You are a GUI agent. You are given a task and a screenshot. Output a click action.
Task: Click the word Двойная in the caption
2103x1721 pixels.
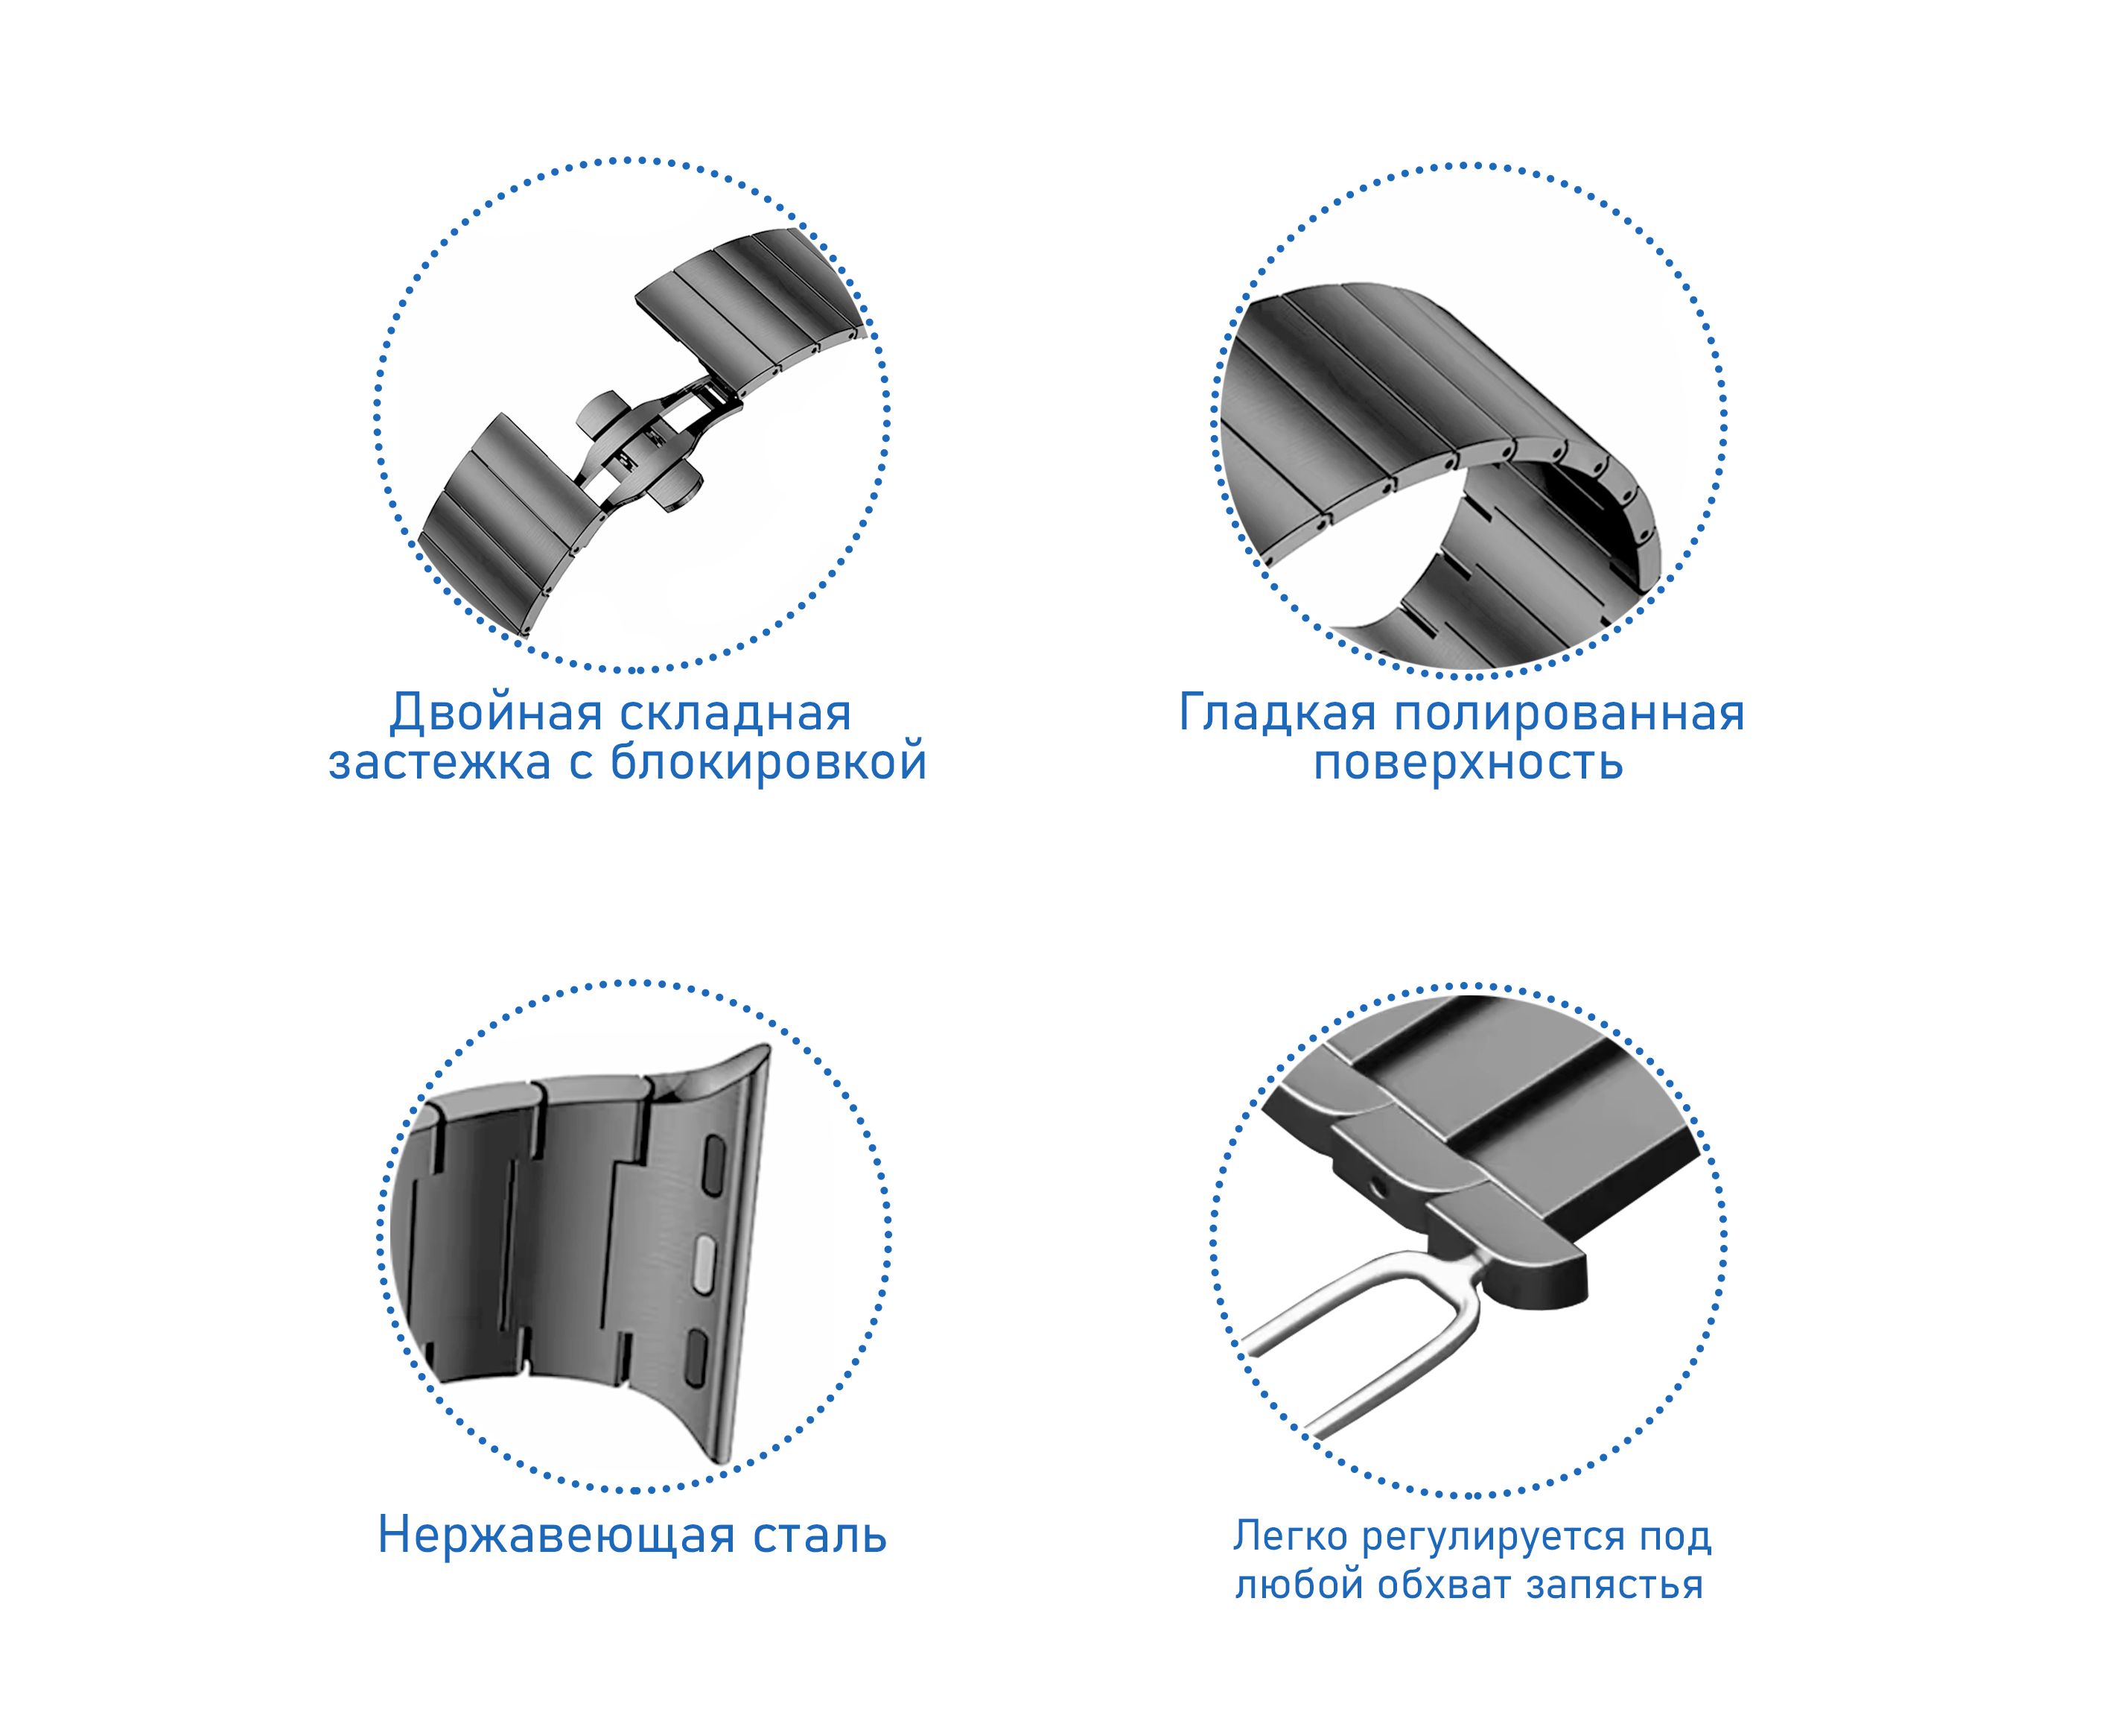pos(495,714)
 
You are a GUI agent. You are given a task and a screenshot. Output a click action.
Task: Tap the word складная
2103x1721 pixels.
pos(736,714)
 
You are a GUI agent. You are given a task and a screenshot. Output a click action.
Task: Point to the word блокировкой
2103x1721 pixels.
pos(767,761)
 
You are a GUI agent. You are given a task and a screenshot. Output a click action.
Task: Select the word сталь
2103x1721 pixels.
pos(820,1535)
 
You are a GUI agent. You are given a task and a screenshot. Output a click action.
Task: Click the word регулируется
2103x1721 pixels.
pos(1494,1538)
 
